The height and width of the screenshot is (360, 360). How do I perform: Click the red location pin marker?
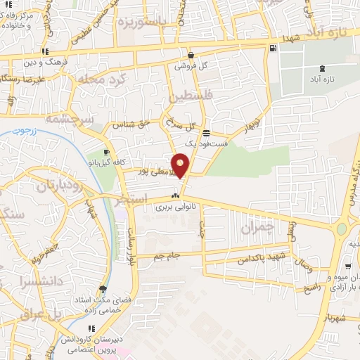coord(181,165)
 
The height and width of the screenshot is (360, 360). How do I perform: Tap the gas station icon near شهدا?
coord(272,49)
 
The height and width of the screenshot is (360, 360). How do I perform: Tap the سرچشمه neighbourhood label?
coord(69,120)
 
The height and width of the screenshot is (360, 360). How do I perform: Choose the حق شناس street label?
coord(134,125)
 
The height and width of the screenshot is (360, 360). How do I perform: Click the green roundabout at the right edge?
coord(342,229)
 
